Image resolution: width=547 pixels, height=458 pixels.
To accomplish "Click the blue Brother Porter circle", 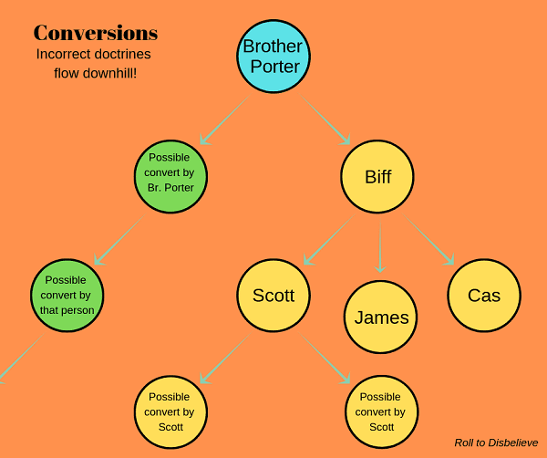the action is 273,57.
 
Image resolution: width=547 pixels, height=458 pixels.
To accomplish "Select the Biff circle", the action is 377,176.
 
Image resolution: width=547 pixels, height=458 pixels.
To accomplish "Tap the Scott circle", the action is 273,295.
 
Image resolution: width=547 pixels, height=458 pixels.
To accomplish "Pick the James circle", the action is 380,317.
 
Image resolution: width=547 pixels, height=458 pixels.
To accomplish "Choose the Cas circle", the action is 484,295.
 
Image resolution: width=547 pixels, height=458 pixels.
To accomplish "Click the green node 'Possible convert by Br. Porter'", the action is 171,176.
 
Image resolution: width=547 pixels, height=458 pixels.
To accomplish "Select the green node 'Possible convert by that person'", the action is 67,295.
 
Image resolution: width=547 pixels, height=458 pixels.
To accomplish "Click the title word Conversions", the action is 96,33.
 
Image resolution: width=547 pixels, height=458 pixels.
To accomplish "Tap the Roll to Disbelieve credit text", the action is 496,442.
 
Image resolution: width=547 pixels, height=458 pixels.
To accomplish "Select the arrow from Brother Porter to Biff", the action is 325,120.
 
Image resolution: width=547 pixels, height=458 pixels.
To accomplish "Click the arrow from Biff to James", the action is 380,246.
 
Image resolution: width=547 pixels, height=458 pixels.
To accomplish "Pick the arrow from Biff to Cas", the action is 428,239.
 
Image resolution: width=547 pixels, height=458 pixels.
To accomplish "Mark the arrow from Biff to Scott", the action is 329,239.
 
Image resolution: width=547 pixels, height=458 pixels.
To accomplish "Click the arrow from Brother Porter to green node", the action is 225,120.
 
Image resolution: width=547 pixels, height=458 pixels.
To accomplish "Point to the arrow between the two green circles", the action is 119,239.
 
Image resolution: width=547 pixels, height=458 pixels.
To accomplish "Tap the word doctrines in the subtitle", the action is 122,54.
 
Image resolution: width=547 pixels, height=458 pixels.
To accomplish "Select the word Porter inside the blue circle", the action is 275,67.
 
